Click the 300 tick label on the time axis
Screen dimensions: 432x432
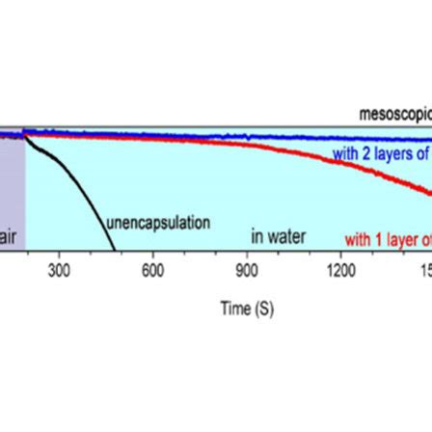59,272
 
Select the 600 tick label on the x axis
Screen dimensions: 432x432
152,272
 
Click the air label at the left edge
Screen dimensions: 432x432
7,235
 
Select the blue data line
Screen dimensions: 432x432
241,134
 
